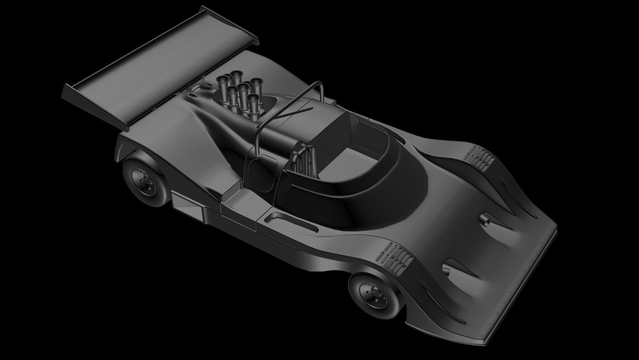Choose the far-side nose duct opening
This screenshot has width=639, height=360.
[x=485, y=220]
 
